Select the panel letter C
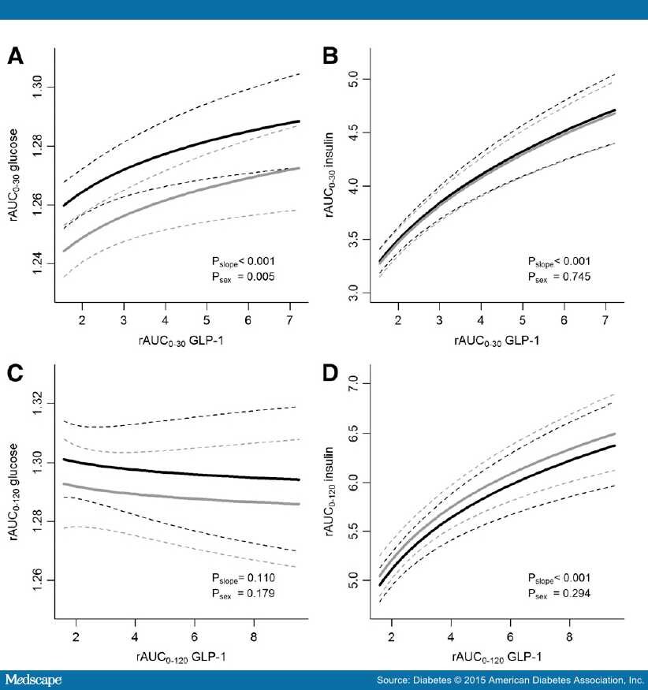pyautogui.click(x=16, y=375)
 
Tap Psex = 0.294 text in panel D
pyautogui.click(x=560, y=593)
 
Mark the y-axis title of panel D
pyautogui.click(x=332, y=493)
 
